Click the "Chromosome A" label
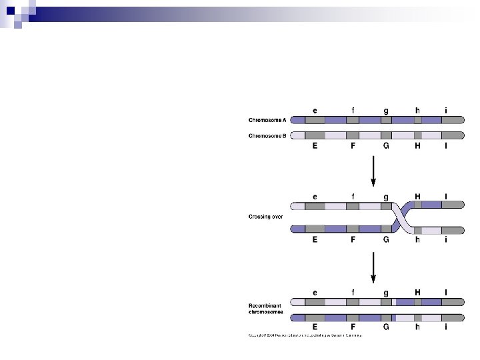(x=267, y=121)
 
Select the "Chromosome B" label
(x=267, y=135)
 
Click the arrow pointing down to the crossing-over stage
(x=373, y=171)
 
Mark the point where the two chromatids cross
(x=401, y=217)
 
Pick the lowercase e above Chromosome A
(x=315, y=110)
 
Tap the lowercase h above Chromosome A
(x=417, y=110)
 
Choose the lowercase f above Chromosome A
(x=353, y=110)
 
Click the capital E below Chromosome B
(x=315, y=146)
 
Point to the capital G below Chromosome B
(x=385, y=146)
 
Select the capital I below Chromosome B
(x=446, y=146)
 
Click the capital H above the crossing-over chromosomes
(x=417, y=197)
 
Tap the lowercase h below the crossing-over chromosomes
(x=417, y=239)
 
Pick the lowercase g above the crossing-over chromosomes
(x=385, y=198)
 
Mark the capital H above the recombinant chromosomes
(x=417, y=292)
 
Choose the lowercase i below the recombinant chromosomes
(x=446, y=327)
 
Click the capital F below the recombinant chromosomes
(x=353, y=327)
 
